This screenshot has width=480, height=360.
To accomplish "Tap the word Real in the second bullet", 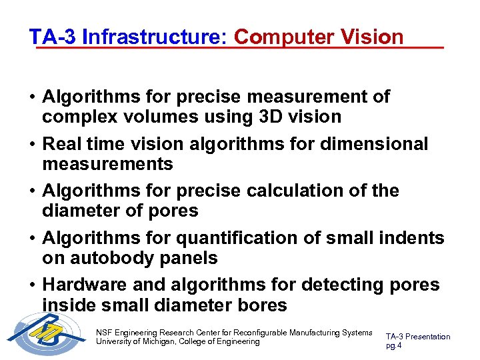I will point(63,143).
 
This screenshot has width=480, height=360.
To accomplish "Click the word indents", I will point(407,238).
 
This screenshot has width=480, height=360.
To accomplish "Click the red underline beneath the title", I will point(240,48).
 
